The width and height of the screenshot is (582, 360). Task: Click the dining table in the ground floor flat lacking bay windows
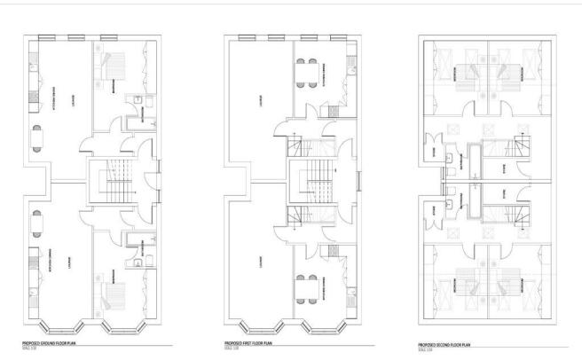[x=35, y=137]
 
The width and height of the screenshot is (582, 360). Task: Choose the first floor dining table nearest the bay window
[x=305, y=287]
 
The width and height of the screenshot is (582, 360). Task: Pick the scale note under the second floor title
[x=424, y=349]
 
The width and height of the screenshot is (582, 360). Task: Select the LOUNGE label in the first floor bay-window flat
[x=258, y=262]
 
